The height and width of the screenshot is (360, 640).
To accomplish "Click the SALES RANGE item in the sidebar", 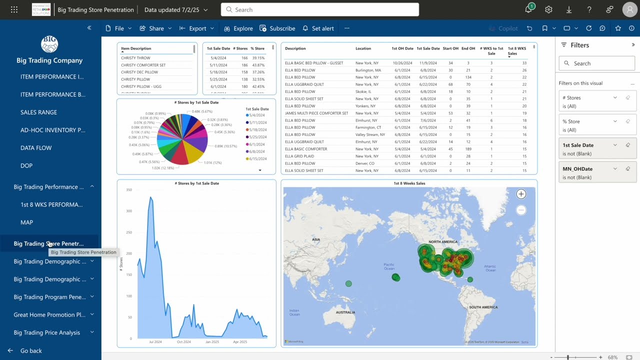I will coord(38,112).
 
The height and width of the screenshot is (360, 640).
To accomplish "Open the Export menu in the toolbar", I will coord(197,28).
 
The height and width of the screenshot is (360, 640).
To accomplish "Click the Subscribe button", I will coord(277,28).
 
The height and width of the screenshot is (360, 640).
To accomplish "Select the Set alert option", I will coord(318,28).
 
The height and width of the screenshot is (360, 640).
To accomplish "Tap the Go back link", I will coord(30,351).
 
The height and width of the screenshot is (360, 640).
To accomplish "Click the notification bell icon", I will coord(528,10).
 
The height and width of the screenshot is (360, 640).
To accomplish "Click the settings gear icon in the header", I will coord(548,10).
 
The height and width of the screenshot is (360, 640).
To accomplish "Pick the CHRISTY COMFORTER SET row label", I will coord(143,65).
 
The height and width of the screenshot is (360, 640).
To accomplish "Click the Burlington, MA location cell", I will coord(368,70).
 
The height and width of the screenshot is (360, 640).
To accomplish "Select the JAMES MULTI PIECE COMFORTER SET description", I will coord(316,113).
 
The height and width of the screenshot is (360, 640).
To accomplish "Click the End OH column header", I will coord(468,48).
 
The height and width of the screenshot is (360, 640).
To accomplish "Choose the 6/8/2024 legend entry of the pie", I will coord(257,151).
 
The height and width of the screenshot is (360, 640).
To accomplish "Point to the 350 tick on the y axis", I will coord(129,190).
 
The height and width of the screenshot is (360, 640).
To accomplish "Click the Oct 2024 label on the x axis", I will coord(183,342).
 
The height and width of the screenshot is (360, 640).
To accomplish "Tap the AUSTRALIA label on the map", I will coord(345,312).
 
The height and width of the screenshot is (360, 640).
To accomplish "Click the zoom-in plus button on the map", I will coord(521,194).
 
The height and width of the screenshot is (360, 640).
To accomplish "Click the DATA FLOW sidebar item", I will coord(36,148).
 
